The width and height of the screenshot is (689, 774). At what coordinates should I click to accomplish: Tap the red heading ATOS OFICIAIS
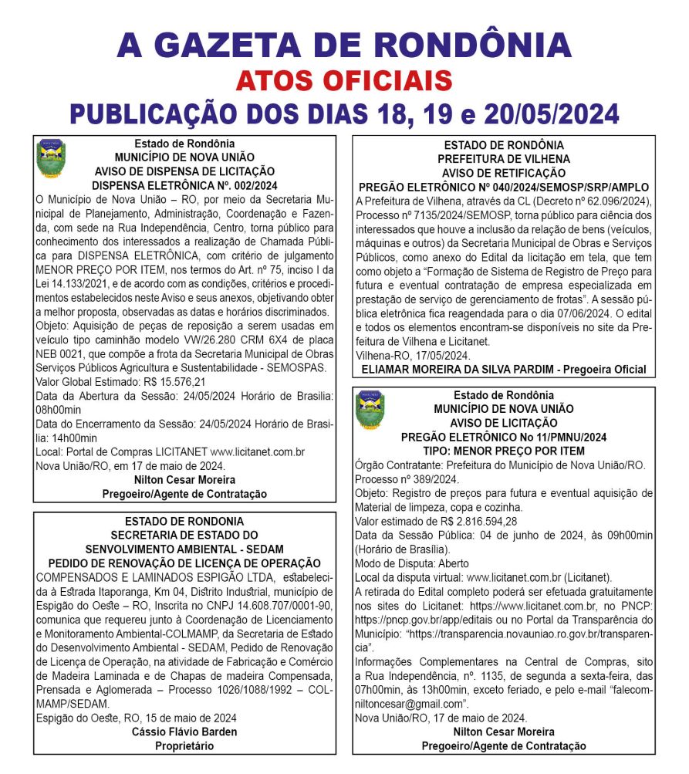click(343, 79)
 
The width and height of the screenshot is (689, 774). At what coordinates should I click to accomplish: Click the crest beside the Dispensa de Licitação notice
click(52, 157)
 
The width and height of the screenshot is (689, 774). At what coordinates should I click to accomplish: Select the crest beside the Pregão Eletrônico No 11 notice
click(370, 409)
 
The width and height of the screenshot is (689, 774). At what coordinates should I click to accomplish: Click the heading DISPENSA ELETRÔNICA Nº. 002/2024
click(184, 185)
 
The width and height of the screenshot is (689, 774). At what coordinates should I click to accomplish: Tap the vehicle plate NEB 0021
click(61, 353)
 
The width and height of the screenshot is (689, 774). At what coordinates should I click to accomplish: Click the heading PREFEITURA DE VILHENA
click(503, 159)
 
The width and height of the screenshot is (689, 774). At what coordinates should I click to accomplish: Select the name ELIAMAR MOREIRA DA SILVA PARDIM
click(460, 370)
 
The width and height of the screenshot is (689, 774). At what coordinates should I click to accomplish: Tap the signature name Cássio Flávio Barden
click(184, 731)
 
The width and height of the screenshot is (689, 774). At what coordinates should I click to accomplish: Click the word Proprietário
click(184, 745)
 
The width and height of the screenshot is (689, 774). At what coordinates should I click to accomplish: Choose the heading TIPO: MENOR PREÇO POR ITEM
click(503, 451)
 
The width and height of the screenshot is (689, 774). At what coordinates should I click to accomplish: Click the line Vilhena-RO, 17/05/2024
click(413, 356)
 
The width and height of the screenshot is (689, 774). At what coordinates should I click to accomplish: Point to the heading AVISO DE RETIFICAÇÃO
click(503, 173)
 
